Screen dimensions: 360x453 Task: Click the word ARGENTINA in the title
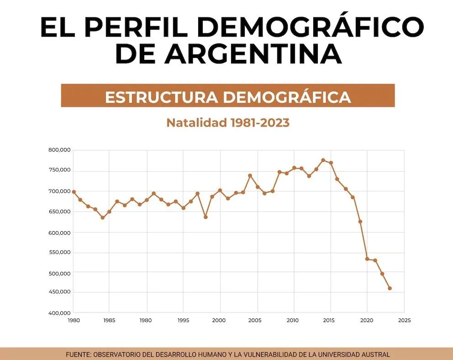[x=254, y=54]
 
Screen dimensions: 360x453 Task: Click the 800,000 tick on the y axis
[x=59, y=150]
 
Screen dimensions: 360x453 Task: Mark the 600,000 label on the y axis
[x=59, y=233]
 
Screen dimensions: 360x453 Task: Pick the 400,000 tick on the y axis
[x=59, y=313]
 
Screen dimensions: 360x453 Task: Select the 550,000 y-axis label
[x=59, y=252]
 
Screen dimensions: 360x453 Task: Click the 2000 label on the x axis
[x=220, y=320]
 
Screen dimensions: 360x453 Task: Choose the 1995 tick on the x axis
[x=183, y=320]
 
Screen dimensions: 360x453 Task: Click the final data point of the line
[x=390, y=288]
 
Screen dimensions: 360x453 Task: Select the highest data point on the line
[x=323, y=160]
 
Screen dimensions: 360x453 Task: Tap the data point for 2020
[x=367, y=259]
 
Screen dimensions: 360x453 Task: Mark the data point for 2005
[x=258, y=187]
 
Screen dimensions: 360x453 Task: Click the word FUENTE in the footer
[x=78, y=354]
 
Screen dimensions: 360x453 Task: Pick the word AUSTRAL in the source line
[x=376, y=354]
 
